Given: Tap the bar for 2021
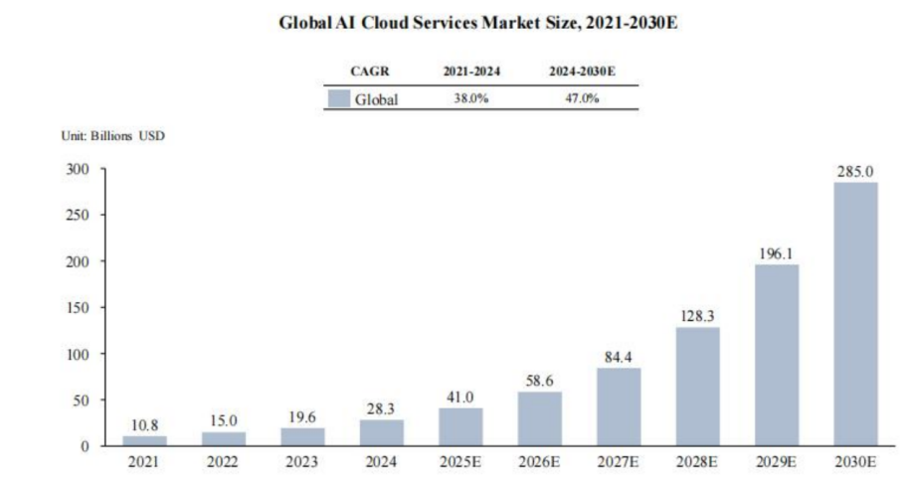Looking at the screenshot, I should [x=145, y=440].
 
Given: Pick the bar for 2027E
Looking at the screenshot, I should [x=619, y=406].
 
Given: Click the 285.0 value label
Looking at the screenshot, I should [x=855, y=172].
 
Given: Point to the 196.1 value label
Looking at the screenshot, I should [x=777, y=253].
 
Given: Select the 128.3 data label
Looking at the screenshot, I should [x=697, y=316].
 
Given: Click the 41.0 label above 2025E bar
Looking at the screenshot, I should [x=460, y=397].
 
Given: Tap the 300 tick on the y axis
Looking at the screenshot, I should [x=79, y=169].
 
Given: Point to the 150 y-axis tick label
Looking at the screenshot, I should [x=79, y=307].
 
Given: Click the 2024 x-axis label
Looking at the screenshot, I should [x=382, y=463].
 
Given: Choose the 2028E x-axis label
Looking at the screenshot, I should [x=697, y=463].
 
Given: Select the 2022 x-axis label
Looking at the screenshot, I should [x=224, y=463].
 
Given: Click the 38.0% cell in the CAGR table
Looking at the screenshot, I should [x=471, y=98].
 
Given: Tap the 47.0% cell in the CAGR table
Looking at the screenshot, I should [x=581, y=98].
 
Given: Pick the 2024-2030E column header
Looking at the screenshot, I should [x=581, y=72].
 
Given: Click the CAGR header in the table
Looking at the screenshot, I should [x=369, y=72].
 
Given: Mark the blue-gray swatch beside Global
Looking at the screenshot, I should [x=340, y=98].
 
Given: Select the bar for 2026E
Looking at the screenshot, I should [x=540, y=418].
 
